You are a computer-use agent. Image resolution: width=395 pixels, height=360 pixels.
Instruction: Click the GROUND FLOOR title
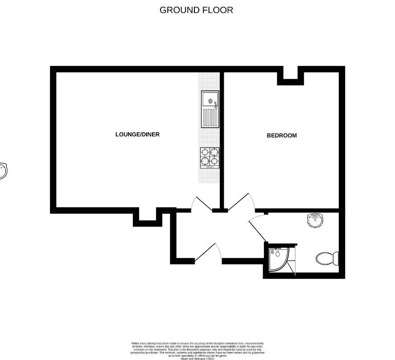196,10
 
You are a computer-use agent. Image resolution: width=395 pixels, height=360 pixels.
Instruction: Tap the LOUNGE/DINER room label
137,135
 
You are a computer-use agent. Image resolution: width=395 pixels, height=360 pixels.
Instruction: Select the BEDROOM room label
281,135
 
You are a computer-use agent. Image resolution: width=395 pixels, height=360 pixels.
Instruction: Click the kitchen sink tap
215,105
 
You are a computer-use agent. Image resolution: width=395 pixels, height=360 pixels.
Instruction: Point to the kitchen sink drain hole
209,102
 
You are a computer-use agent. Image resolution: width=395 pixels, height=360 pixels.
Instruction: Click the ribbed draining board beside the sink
210,118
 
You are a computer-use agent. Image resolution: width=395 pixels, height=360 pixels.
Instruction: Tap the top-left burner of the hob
205,152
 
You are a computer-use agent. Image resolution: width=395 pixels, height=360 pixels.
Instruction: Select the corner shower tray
278,259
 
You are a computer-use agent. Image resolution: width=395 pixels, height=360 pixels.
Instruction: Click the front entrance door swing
209,253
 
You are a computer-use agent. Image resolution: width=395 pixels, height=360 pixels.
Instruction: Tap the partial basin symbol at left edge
3,171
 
